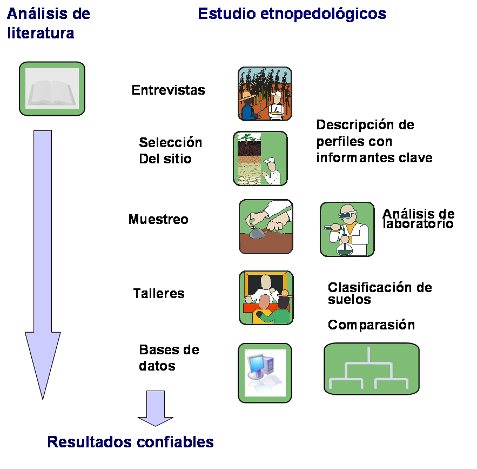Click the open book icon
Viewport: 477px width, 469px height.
pos(52,89)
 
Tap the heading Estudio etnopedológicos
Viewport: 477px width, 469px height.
pos(292,14)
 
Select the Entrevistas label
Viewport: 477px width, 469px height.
pos(168,90)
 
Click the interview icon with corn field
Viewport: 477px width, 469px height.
pos(265,94)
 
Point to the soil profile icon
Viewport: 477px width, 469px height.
pos(260,158)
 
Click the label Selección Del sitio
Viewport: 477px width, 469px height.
pos(170,150)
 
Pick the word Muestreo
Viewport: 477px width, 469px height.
pos(158,219)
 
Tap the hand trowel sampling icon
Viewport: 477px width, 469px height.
pos(266,227)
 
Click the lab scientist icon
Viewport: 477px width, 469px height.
pos(347,229)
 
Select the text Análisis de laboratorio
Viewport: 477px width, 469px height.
pos(418,219)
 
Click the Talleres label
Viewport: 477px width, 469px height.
pos(159,294)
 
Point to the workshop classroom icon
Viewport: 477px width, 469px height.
pos(266,298)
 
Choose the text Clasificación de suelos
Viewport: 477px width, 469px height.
pos(380,293)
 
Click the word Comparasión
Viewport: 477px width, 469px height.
pos(371,325)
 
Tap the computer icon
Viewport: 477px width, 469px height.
pos(265,373)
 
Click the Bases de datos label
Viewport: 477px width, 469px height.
pos(161,357)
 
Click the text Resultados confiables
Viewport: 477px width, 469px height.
pos(131,442)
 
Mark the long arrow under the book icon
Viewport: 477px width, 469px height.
pos(43,254)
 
